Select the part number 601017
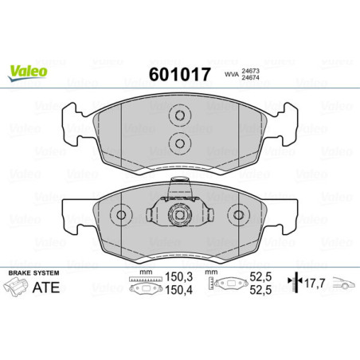(x=179, y=75)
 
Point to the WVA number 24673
(x=252, y=70)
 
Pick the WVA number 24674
(x=252, y=80)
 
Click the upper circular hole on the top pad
(x=179, y=116)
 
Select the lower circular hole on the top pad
(x=179, y=143)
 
